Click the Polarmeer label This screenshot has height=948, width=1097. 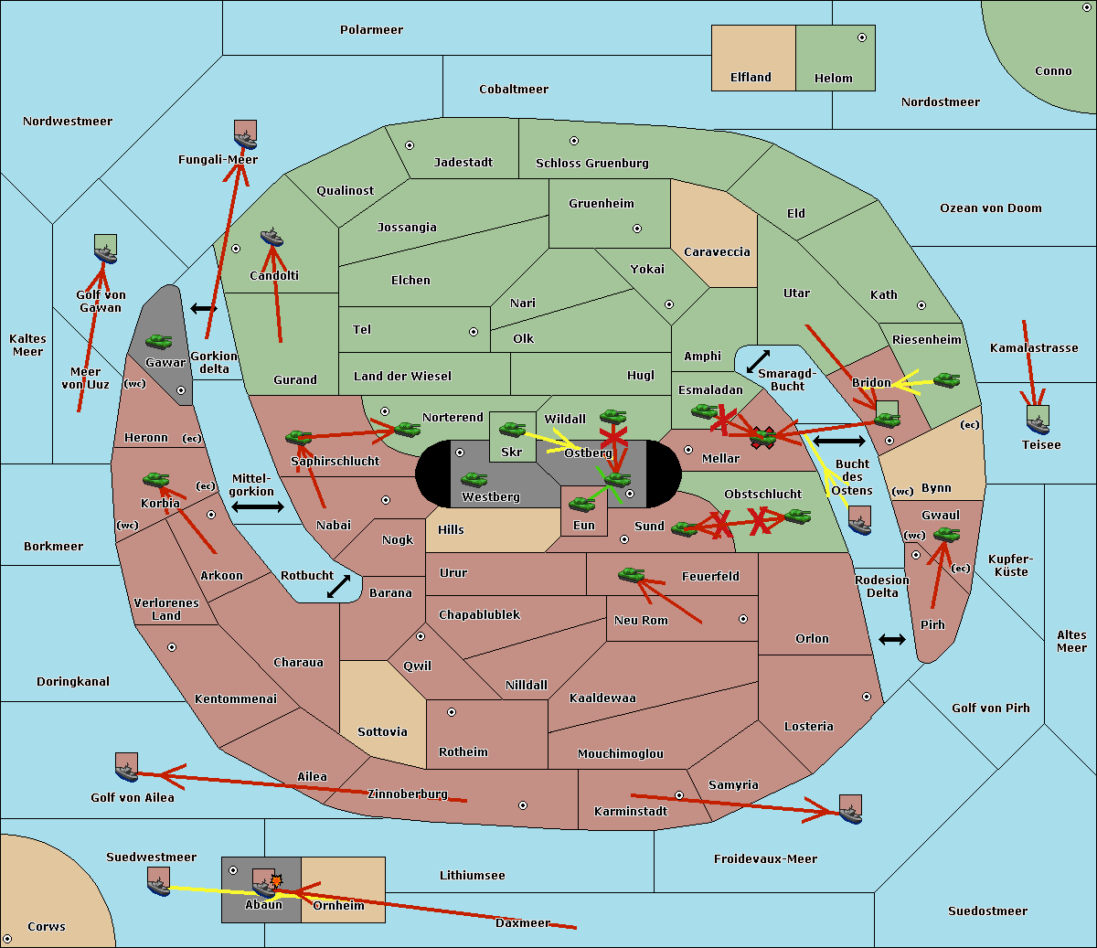[371, 30]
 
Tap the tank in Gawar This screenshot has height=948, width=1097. [159, 342]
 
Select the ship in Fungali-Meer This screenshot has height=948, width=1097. [245, 135]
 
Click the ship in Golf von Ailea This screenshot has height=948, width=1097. [126, 768]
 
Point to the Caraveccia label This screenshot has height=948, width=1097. [717, 252]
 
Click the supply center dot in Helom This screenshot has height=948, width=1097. [861, 37]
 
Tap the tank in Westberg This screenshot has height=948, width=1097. [474, 480]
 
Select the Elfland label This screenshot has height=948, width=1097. [751, 78]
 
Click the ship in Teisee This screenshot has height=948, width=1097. [1038, 420]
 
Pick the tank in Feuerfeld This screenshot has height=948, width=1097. [631, 575]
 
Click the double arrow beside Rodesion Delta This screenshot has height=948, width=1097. [892, 639]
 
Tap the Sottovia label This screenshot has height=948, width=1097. [382, 732]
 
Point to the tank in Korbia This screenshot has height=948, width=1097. [156, 480]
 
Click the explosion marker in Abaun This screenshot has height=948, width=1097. [276, 879]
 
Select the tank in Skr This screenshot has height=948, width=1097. [512, 429]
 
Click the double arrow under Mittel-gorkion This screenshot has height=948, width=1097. [258, 506]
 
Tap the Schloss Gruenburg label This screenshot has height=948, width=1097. [591, 164]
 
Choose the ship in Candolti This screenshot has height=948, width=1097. [272, 238]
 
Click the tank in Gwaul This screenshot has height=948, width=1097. [946, 535]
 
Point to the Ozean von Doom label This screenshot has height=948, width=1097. [990, 208]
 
